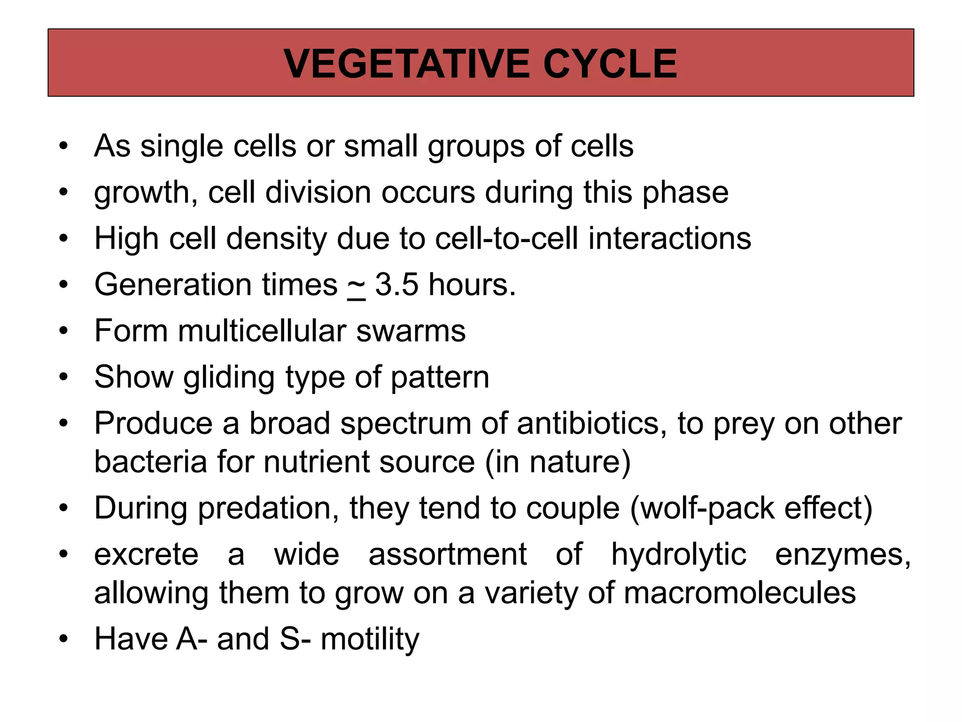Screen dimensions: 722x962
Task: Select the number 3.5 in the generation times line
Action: coord(396,285)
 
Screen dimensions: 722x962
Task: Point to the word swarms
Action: coord(411,331)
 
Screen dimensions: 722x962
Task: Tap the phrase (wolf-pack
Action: coord(702,509)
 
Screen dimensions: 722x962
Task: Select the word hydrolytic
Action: coord(678,555)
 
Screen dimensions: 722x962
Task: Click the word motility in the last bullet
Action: coord(370,639)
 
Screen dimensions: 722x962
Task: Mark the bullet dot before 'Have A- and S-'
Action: coord(63,639)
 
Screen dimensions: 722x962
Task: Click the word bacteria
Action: coord(150,462)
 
